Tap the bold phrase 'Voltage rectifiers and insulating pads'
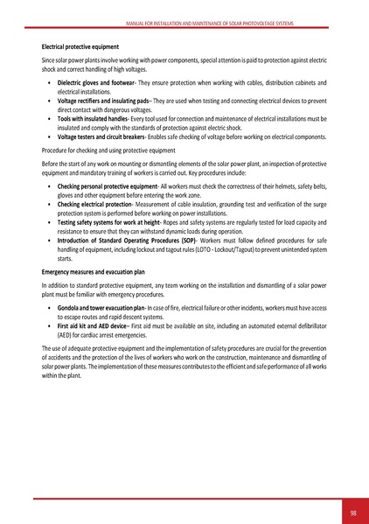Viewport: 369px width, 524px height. tap(104, 101)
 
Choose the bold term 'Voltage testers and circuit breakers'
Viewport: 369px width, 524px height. tap(102, 137)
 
